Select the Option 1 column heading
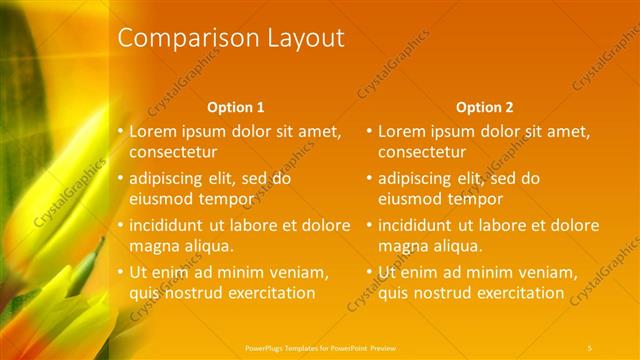coord(235,107)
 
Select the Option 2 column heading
coord(484,107)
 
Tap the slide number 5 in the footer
coord(590,347)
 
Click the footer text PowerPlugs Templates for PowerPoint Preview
coord(320,347)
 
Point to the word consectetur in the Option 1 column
coord(173,153)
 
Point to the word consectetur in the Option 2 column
coord(422,153)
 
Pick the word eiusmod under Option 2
coord(409,199)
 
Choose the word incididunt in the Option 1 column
coord(168,225)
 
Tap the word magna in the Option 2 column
coord(402,246)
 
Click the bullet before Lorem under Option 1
coord(121,131)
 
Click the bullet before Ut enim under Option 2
coord(370,272)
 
